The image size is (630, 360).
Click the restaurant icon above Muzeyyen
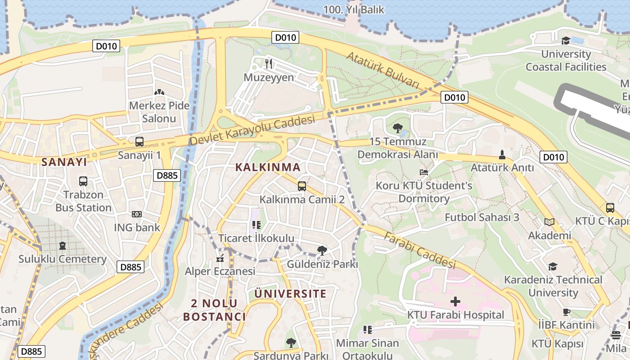click(x=269, y=64)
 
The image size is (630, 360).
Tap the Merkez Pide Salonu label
click(x=159, y=112)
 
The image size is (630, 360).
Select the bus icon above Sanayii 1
click(x=139, y=141)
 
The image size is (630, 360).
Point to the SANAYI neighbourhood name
click(x=64, y=162)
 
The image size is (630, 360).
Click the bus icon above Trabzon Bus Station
click(x=83, y=181)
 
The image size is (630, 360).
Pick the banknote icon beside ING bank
click(x=137, y=214)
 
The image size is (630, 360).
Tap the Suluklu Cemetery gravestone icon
click(x=62, y=246)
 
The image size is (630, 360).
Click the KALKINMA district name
click(x=268, y=167)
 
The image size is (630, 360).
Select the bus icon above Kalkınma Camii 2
click(x=302, y=186)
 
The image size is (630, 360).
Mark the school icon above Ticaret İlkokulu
click(x=256, y=225)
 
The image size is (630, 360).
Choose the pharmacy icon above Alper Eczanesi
click(x=220, y=258)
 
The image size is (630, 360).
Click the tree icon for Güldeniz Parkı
click(x=322, y=251)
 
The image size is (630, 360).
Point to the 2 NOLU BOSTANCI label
click(x=214, y=310)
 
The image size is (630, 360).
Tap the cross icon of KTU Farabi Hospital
click(x=455, y=301)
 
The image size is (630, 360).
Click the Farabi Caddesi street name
click(x=420, y=250)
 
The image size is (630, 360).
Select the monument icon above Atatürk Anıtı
click(x=502, y=155)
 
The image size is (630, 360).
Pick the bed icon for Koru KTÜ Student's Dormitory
click(x=423, y=172)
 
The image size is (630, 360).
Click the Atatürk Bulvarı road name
click(x=383, y=70)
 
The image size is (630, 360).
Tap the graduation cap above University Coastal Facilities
click(x=566, y=41)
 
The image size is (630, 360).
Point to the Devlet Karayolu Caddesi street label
click(x=252, y=130)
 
